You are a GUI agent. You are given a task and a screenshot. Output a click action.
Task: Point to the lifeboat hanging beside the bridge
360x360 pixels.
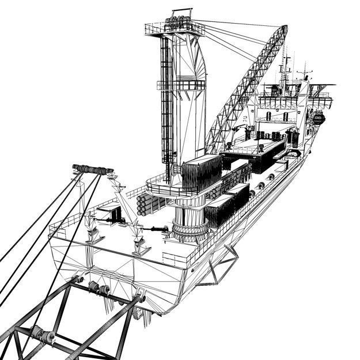click(317, 119)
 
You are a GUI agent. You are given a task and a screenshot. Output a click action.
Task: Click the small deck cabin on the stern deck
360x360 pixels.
click(110, 213)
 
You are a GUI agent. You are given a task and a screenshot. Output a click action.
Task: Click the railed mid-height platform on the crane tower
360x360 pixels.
click(181, 85)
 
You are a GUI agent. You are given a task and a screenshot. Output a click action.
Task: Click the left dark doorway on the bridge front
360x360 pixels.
click(270, 116)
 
